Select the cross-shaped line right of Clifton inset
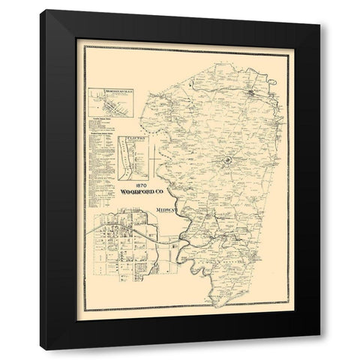coord(153,157)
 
